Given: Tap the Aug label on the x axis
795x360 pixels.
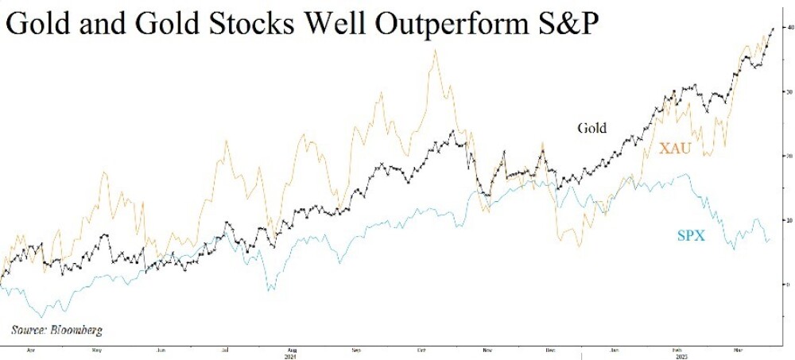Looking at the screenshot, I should [292, 349].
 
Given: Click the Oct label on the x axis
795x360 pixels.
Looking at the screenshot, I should [421, 349].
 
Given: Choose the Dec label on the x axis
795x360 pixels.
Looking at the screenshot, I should [550, 349].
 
